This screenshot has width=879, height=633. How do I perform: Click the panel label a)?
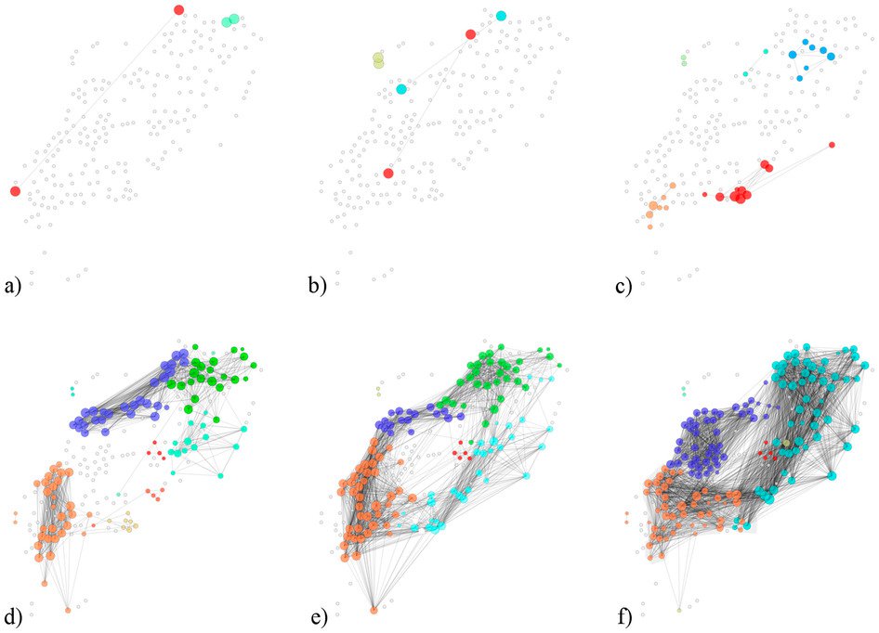tap(13, 286)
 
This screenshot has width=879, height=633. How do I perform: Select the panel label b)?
tap(318, 286)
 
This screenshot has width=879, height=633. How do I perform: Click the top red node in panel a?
tap(179, 10)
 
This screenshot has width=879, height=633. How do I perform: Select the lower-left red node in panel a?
tap(15, 191)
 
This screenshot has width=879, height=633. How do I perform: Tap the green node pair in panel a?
tap(230, 19)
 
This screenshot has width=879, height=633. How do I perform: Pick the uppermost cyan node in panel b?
tap(501, 16)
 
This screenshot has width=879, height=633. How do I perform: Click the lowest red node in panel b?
tap(388, 173)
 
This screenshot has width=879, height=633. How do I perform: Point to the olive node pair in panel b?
tap(378, 60)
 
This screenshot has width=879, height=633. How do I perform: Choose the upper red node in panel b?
tap(471, 34)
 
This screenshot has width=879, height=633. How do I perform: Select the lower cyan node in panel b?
tap(401, 89)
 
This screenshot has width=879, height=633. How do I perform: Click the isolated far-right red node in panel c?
tap(832, 145)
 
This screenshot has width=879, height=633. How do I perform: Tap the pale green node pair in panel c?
tap(684, 60)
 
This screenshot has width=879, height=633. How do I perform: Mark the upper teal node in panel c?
tap(766, 51)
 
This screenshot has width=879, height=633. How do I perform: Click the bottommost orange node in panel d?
tap(68, 610)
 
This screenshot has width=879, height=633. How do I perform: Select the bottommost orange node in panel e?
tap(374, 610)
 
